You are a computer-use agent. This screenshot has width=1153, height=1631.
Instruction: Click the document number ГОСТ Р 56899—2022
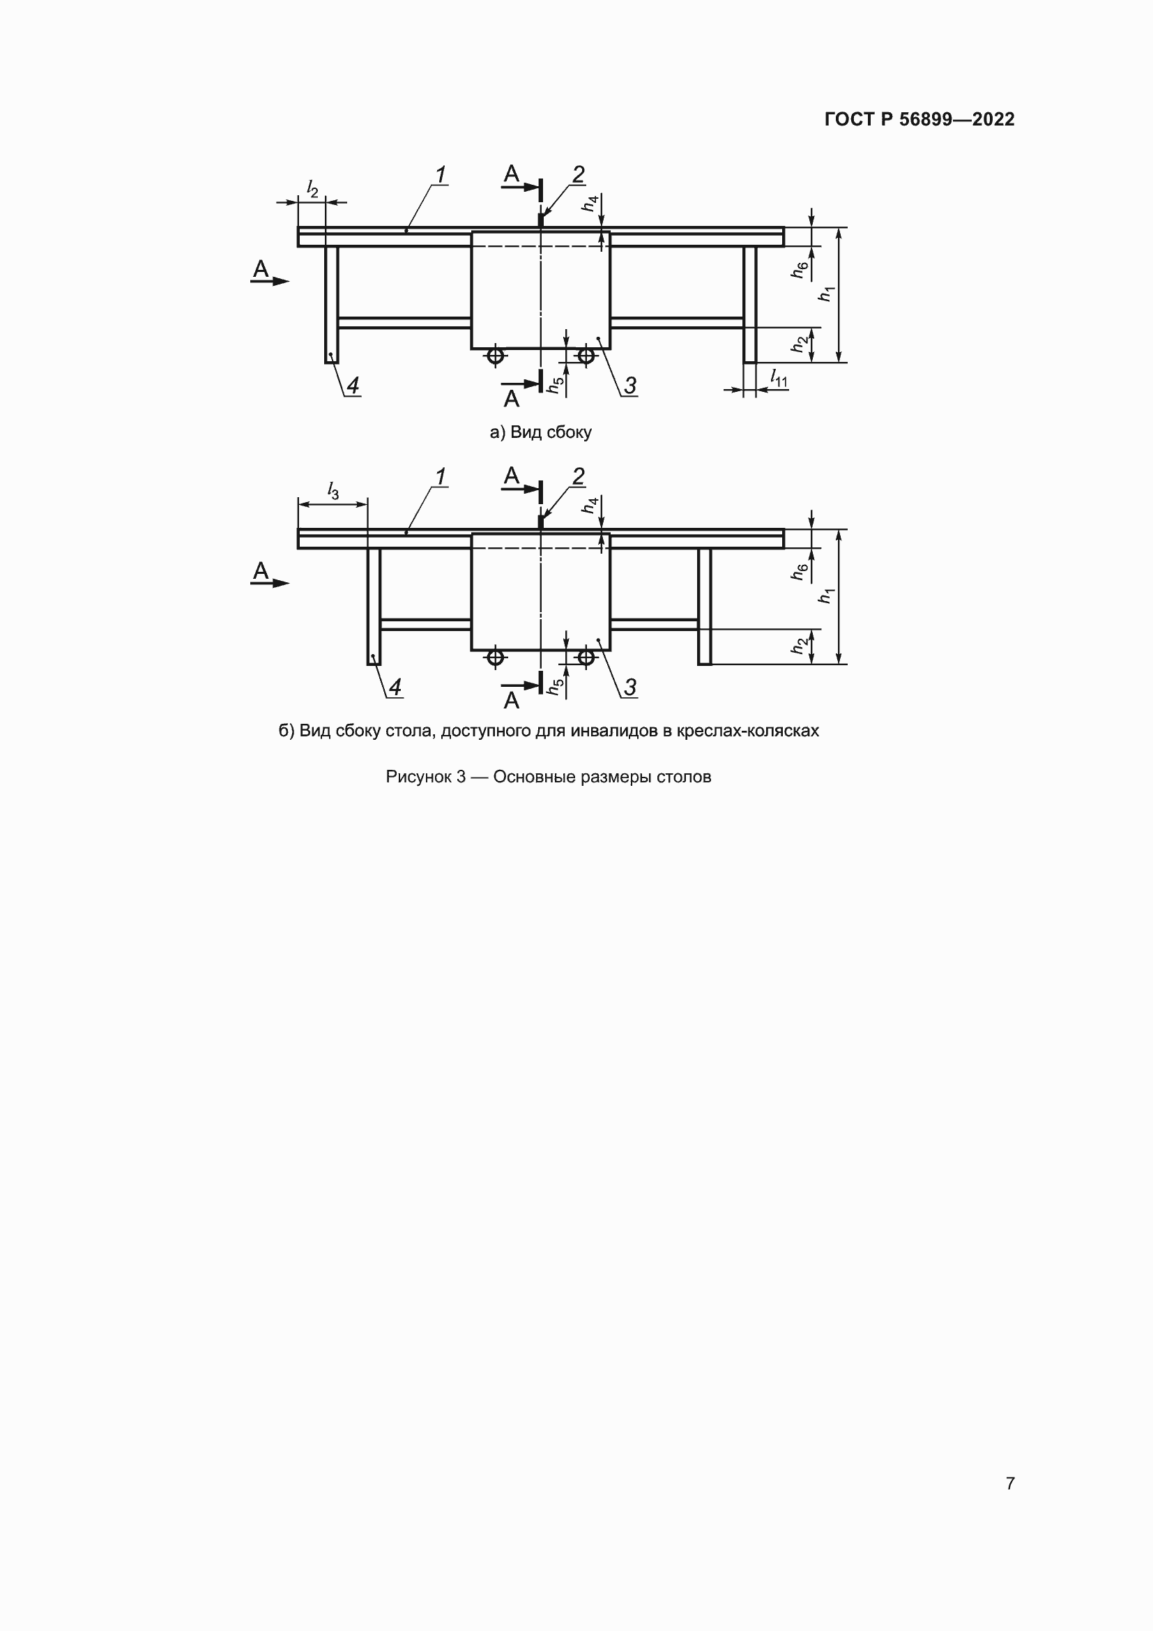(x=919, y=119)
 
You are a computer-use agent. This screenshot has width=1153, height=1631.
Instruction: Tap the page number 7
(x=1009, y=1483)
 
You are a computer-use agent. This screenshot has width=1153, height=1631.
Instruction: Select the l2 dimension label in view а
(x=312, y=188)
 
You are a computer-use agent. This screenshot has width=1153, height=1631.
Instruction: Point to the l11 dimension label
(x=779, y=379)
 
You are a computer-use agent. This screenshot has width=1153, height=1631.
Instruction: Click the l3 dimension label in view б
(x=333, y=490)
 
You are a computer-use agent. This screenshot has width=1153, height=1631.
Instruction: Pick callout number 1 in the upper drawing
(x=440, y=175)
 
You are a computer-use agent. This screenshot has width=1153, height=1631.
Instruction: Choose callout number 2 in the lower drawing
(x=578, y=477)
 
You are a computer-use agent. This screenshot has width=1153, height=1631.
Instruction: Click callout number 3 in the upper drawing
(x=629, y=386)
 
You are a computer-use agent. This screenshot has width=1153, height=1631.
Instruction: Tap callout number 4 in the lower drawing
(x=395, y=687)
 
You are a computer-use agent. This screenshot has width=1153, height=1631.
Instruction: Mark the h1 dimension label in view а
(x=825, y=294)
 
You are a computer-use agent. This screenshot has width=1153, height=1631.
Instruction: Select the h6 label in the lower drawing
(x=800, y=571)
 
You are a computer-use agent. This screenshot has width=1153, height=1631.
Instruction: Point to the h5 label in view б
(x=556, y=685)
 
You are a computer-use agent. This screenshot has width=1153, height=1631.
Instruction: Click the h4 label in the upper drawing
(x=590, y=204)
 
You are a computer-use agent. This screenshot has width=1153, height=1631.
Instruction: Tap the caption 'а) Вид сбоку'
(x=540, y=432)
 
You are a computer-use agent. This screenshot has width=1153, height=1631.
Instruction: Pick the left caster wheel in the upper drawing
(x=496, y=355)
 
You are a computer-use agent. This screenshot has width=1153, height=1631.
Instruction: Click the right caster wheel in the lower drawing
(x=586, y=657)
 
